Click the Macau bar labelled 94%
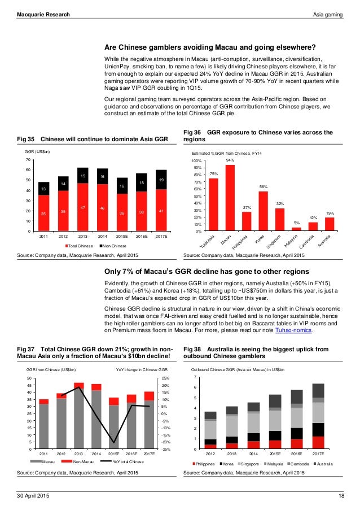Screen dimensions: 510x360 click(x=230, y=198)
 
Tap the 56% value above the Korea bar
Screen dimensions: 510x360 click(x=263, y=186)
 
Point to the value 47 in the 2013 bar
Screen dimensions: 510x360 click(x=83, y=208)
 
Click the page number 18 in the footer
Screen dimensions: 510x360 click(x=341, y=495)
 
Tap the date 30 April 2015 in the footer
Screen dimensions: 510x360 click(x=33, y=495)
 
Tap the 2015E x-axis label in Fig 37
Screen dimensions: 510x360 click(x=115, y=454)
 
